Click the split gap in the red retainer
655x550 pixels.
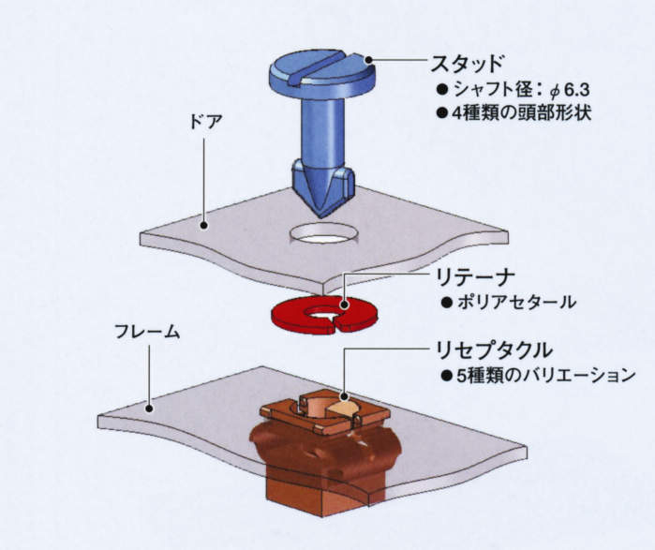coord(336,324)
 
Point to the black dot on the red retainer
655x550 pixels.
coord(345,304)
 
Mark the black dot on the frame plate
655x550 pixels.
coord(148,406)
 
